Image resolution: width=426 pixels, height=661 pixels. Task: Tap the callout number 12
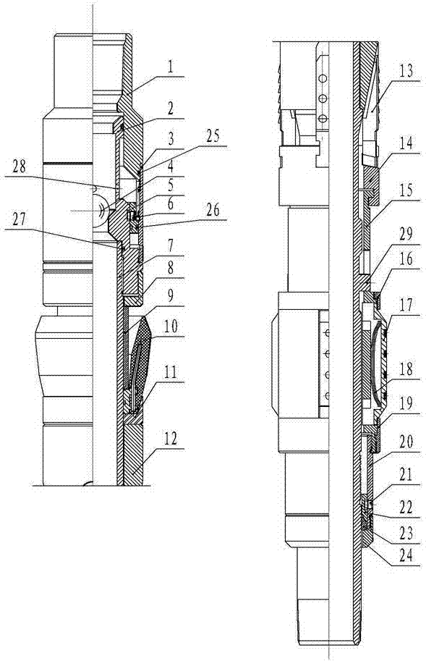tap(170, 439)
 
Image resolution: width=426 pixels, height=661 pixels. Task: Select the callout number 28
tap(19, 167)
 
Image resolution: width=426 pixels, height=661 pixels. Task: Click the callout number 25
tap(212, 136)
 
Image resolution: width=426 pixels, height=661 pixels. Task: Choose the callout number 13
tap(406, 71)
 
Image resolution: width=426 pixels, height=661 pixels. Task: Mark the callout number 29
tap(406, 235)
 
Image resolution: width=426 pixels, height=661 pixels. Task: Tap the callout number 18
tap(406, 370)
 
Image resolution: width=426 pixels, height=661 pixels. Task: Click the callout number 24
tap(406, 556)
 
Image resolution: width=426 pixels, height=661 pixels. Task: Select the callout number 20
tap(406, 442)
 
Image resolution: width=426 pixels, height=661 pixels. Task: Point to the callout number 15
tap(406, 190)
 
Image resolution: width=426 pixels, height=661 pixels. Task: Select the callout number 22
tap(406, 507)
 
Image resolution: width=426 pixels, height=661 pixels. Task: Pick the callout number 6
tap(170, 203)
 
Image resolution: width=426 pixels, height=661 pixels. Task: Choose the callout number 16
tap(406, 258)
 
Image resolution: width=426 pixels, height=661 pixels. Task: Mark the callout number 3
tap(170, 140)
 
